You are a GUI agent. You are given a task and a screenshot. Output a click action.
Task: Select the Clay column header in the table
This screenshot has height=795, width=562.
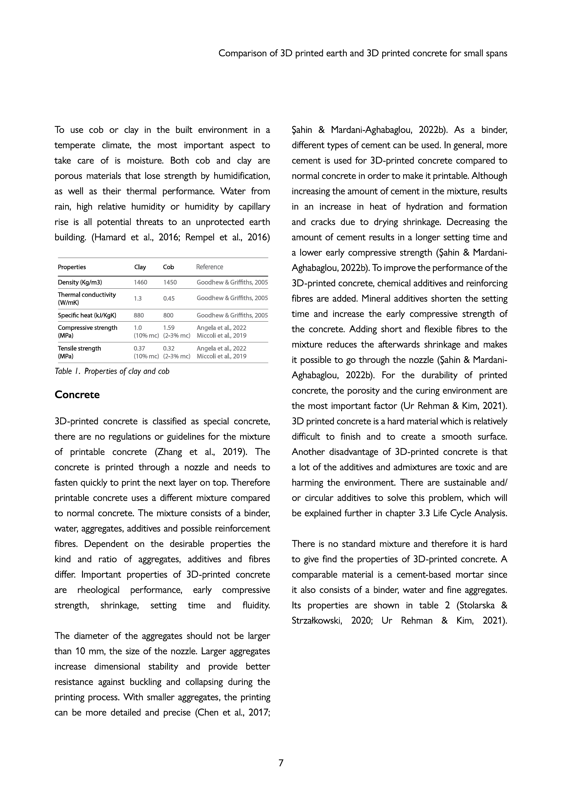tap(140, 267)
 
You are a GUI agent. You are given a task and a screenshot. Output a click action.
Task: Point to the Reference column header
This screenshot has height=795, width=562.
tap(209, 267)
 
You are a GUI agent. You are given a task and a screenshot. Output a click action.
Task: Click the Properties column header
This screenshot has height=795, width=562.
tap(72, 267)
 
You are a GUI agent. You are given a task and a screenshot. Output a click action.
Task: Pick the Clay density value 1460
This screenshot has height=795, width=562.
tap(140, 282)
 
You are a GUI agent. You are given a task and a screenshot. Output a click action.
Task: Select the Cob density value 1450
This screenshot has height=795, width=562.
tap(170, 282)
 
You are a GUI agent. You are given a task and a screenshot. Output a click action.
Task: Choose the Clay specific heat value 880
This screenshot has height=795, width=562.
tap(138, 315)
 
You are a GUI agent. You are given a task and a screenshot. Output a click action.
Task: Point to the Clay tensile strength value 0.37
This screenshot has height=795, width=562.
tap(139, 348)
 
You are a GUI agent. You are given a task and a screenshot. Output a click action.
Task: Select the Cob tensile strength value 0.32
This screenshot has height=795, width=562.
tap(169, 348)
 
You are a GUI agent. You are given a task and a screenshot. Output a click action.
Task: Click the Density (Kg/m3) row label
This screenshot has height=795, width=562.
tap(80, 282)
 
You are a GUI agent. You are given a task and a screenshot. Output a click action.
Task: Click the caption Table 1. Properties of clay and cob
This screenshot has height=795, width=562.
tap(112, 371)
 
